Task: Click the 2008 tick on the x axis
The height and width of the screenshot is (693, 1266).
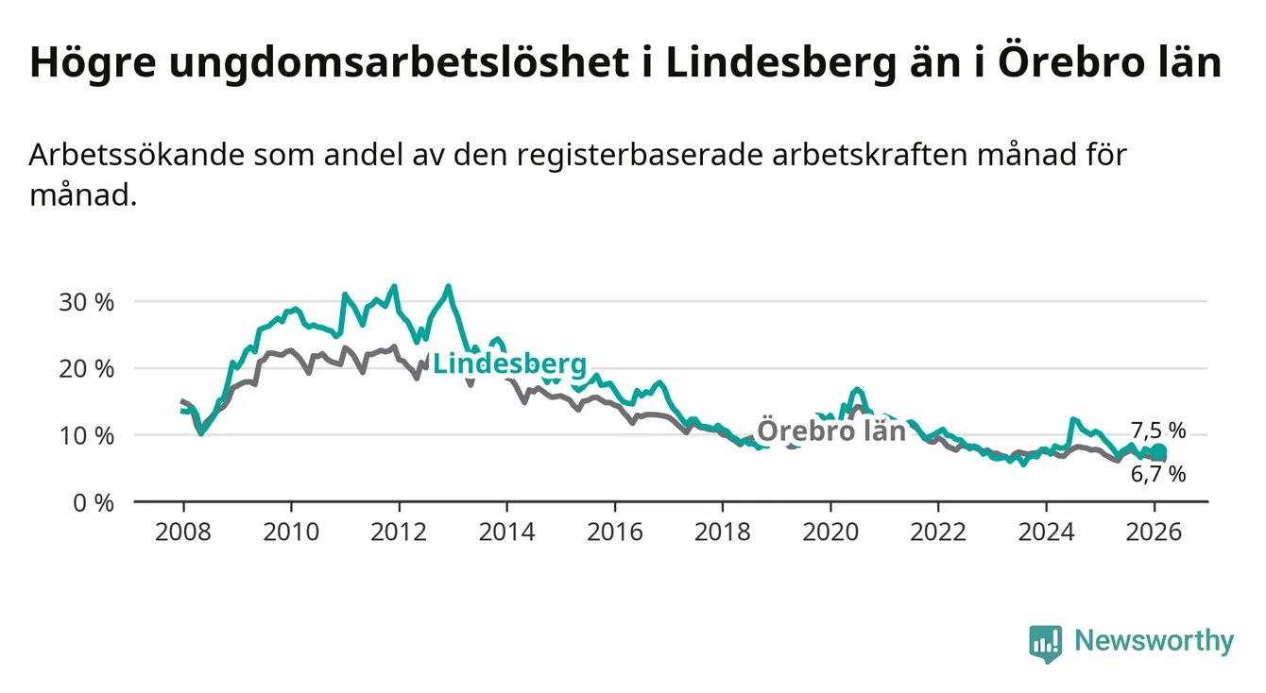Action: pos(183,532)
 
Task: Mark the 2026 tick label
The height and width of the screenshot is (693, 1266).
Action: pos(1155,532)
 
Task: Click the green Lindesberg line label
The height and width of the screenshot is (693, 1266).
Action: pos(509,364)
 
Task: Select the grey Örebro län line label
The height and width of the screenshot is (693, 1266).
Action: pos(831,431)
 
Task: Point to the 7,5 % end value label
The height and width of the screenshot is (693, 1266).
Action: pos(1157,431)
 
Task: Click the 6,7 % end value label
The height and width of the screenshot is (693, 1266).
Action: pos(1157,474)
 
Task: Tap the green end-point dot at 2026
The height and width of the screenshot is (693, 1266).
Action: pos(1159,451)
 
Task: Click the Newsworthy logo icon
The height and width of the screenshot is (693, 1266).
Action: pos(1045,644)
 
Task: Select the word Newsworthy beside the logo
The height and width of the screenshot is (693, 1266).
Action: pos(1154,642)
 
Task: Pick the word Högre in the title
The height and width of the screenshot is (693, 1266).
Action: pos(83,62)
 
